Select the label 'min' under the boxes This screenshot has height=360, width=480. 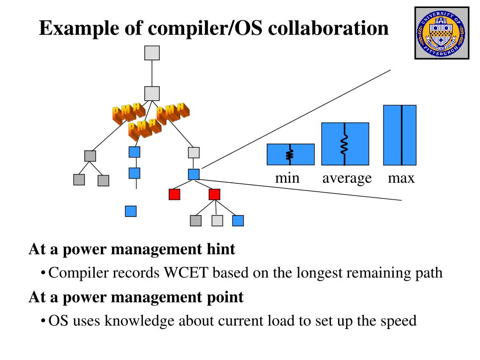(287, 178)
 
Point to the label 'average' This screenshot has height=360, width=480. (347, 178)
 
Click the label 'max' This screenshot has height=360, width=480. (401, 178)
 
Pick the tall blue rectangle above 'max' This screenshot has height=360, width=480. (400, 135)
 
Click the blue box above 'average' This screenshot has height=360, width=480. (345, 144)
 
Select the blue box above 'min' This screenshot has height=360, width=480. (291, 154)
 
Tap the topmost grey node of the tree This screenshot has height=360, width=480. (152, 53)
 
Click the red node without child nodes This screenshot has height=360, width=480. (174, 194)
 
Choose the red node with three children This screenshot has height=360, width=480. (214, 194)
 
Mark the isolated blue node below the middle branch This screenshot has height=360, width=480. (131, 211)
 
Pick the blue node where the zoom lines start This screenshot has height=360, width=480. (194, 174)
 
